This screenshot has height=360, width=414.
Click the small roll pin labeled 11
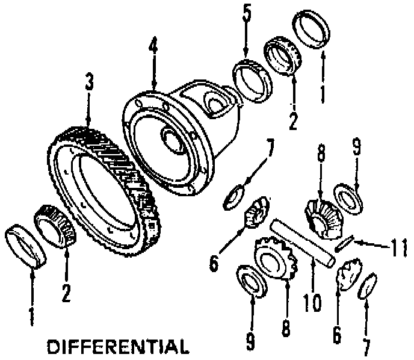point(344,244)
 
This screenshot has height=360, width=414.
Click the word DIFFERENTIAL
point(117,347)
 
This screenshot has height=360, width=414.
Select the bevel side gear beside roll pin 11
point(323,214)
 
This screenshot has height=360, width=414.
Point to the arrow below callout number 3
point(89,108)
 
